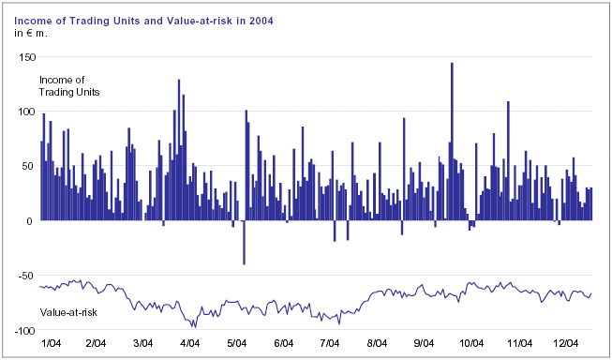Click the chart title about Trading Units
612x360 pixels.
pos(143,21)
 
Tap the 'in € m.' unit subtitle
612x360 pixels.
pos(30,33)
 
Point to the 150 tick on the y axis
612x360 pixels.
pos(27,57)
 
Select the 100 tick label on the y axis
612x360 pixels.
pos(27,112)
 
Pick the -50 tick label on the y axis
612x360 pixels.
pos(25,276)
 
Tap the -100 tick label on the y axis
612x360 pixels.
pos(25,331)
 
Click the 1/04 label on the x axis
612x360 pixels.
pos(52,343)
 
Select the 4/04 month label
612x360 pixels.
pos(189,343)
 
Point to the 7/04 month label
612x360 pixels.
pos(330,343)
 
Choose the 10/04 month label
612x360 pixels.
pos(471,343)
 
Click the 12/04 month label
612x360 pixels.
pos(565,343)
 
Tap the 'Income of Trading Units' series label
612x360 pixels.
pos(69,86)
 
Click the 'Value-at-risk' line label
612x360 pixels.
pos(68,312)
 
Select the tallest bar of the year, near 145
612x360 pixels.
pos(452,142)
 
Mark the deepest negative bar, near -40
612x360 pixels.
pos(244,243)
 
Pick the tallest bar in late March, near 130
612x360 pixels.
pos(179,150)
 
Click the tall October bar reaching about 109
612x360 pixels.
pos(508,161)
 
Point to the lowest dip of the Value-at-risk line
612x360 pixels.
pos(195,327)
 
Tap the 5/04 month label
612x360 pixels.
pos(236,343)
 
